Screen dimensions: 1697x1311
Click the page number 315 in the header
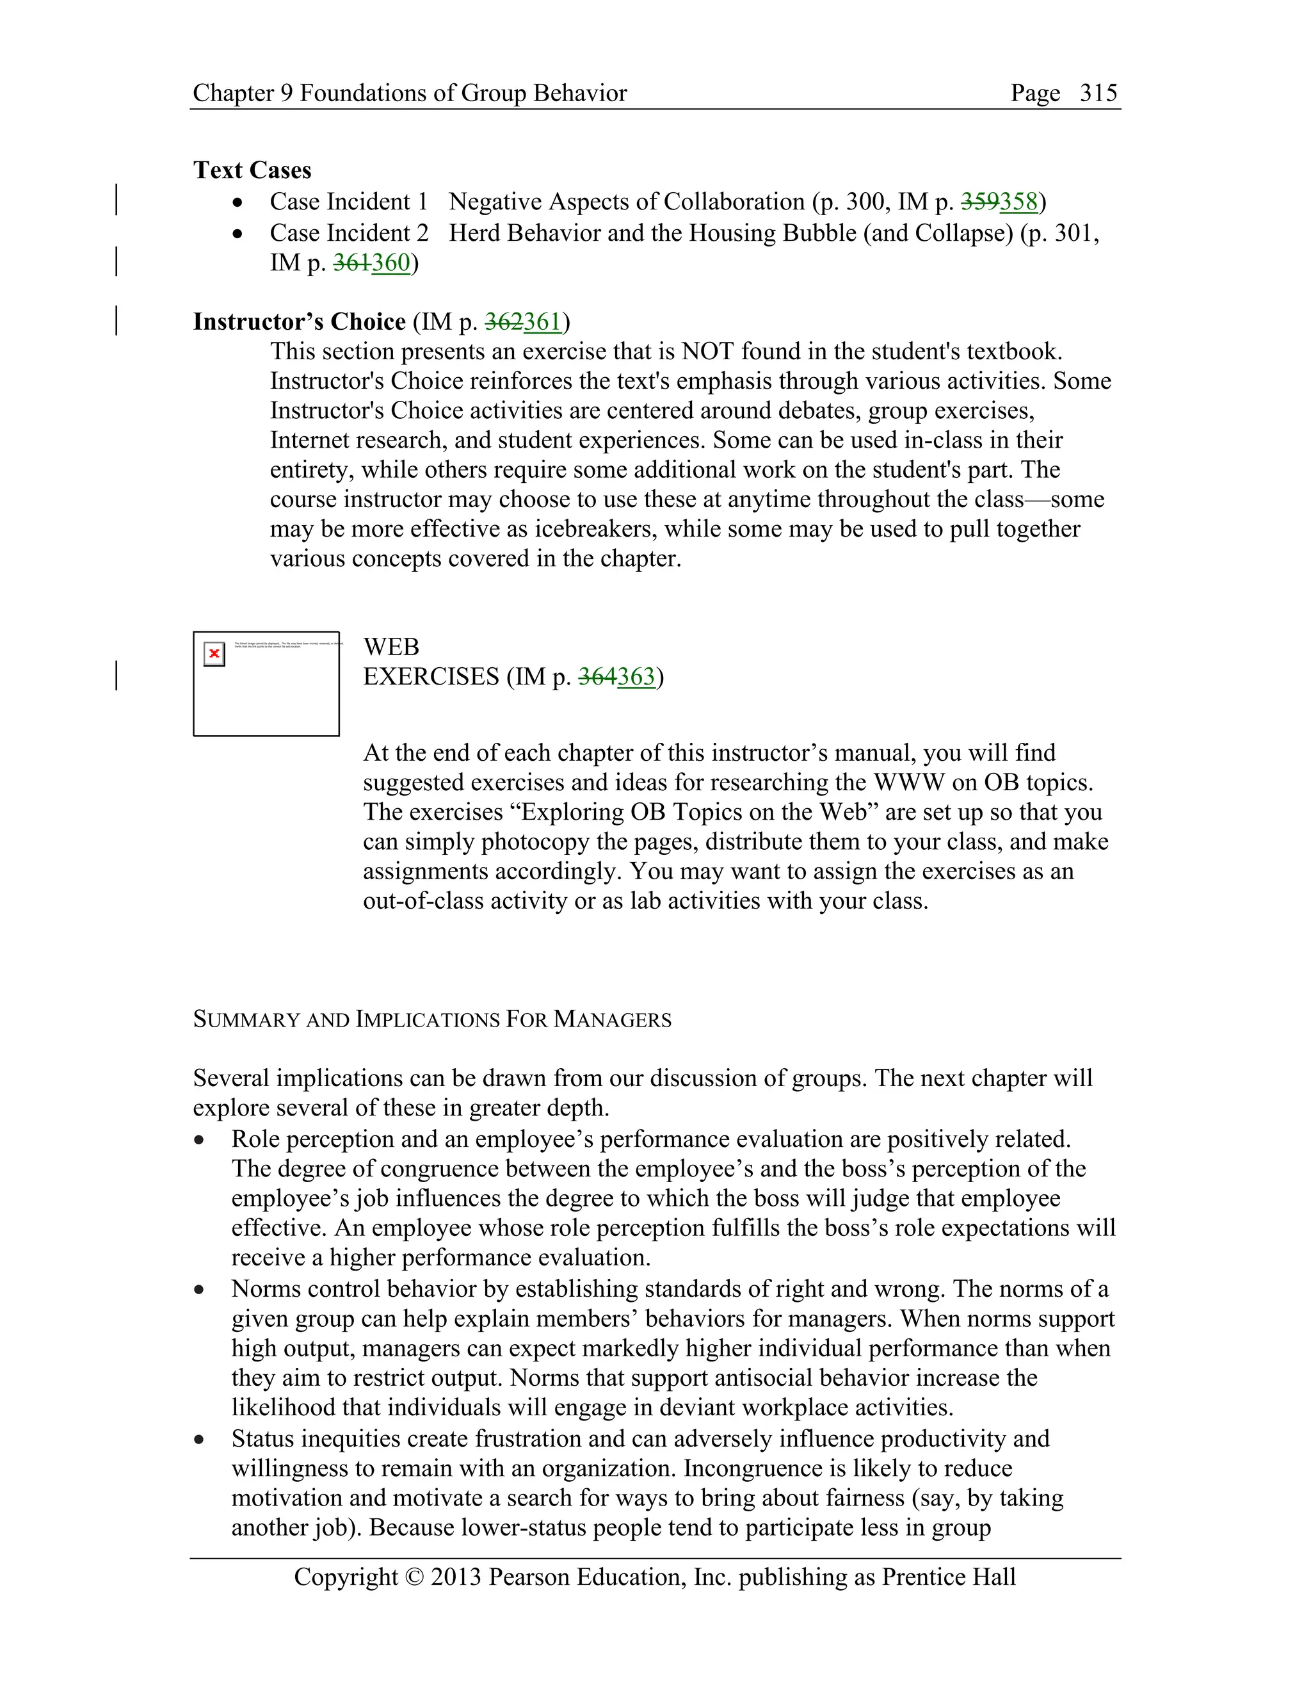[1098, 93]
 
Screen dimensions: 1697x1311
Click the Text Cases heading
[252, 170]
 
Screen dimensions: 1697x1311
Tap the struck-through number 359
[979, 202]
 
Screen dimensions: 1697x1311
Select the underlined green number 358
[1018, 202]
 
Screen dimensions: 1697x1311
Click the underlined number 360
[390, 263]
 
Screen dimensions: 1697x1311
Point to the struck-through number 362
[504, 321]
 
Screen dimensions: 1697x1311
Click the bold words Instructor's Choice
[299, 321]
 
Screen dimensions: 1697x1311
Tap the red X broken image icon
[214, 653]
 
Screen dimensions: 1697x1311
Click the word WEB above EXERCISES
[390, 647]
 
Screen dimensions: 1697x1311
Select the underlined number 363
[636, 677]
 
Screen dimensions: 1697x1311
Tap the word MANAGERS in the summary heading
[612, 1019]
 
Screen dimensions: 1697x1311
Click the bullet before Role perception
[200, 1140]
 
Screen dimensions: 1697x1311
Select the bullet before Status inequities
[200, 1440]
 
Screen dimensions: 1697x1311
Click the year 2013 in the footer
[456, 1577]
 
